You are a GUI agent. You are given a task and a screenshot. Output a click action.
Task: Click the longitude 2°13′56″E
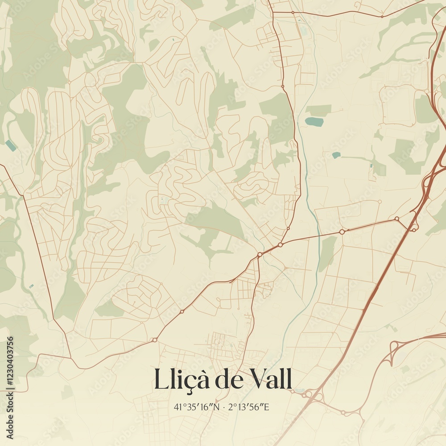(x=249, y=407)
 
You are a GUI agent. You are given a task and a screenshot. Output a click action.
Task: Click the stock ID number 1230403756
(x=10, y=362)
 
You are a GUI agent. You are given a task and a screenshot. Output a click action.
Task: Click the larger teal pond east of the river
(x=314, y=121)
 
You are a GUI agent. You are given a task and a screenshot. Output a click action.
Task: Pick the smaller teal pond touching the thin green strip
(x=336, y=155)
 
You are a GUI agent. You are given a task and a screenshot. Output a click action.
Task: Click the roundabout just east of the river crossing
(x=342, y=231)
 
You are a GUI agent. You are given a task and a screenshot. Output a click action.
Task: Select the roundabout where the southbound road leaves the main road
(x=260, y=255)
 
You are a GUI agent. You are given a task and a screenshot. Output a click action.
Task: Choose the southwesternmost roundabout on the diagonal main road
(x=155, y=340)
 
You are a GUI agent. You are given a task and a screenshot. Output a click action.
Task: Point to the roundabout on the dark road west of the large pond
(x=282, y=86)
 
